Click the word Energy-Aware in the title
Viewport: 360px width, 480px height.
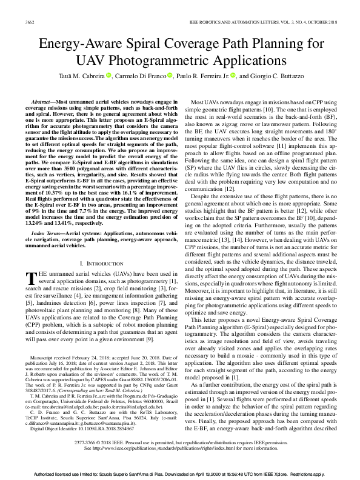(75, 44)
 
